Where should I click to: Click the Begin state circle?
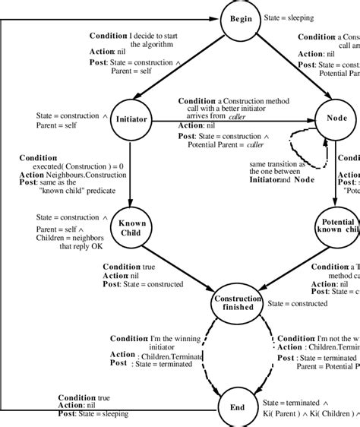click(x=240, y=18)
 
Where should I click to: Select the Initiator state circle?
click(x=131, y=119)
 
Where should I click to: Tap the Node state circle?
click(x=336, y=119)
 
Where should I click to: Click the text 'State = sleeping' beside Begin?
click(x=289, y=17)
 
